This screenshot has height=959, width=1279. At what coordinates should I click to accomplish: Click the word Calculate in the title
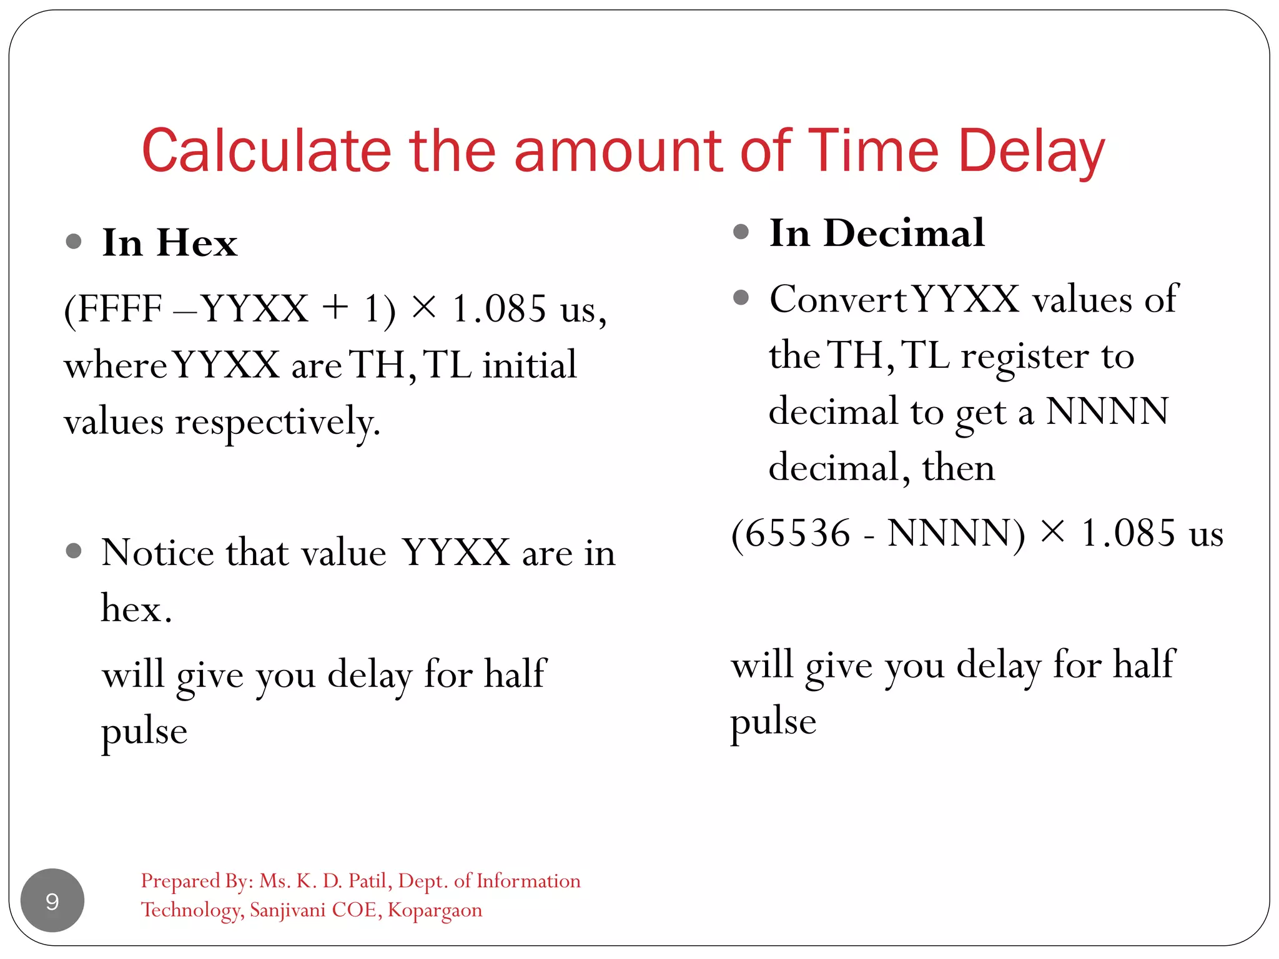click(x=266, y=151)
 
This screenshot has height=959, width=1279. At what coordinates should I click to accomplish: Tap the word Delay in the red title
click(x=1031, y=151)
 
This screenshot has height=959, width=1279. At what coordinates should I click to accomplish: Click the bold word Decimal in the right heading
click(x=904, y=234)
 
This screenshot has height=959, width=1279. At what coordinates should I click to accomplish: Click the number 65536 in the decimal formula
click(x=798, y=534)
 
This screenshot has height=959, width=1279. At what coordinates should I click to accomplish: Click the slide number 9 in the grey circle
click(x=52, y=901)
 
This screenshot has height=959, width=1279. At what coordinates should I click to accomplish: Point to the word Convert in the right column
click(x=837, y=300)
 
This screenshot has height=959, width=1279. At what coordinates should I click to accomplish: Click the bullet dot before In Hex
click(x=74, y=242)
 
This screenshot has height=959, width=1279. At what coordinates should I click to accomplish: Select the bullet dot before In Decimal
click(x=741, y=232)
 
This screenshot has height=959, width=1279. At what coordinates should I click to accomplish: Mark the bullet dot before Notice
click(x=74, y=551)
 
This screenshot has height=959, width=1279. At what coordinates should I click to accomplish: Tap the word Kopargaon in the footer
click(x=435, y=910)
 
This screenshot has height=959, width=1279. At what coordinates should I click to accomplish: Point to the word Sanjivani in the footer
click(x=288, y=910)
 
